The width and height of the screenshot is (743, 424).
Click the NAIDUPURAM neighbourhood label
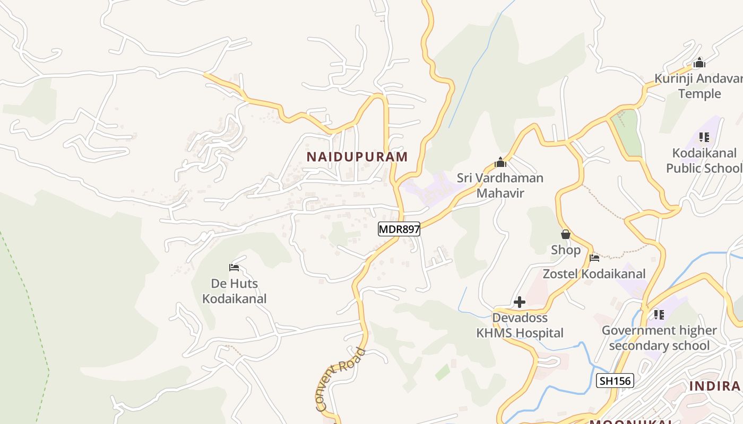point(357,156)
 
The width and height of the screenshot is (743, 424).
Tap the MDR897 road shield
point(399,229)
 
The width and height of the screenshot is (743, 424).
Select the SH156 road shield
point(615,381)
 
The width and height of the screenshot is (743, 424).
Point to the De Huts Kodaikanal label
point(234,291)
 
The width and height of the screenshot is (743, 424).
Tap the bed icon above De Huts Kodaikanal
point(234,268)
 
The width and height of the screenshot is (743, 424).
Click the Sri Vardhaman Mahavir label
point(500,185)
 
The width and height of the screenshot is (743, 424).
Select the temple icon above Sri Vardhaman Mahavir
point(500,162)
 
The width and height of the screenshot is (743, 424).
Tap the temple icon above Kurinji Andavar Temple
point(699,63)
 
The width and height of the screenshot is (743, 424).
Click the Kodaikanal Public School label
point(704,161)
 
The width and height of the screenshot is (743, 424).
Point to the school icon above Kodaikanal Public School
point(704,138)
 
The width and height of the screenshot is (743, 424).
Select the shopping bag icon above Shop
point(566,234)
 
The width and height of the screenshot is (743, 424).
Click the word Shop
point(566,250)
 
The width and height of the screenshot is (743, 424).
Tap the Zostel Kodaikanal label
point(594,273)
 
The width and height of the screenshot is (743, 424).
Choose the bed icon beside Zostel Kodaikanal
point(594,259)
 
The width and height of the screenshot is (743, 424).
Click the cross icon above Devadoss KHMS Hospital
point(520,302)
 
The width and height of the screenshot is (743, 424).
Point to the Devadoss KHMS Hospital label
point(520,325)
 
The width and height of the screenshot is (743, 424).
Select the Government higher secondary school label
point(659,338)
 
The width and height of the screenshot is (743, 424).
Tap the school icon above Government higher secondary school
point(659,315)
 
